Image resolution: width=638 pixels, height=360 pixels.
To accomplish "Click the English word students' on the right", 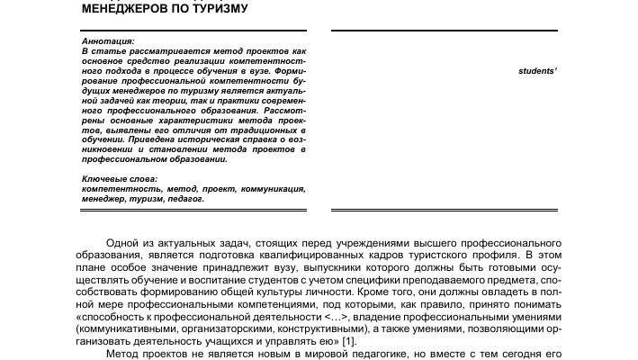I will point(537,69).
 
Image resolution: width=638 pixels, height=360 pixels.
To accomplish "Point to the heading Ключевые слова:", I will point(118,179).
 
